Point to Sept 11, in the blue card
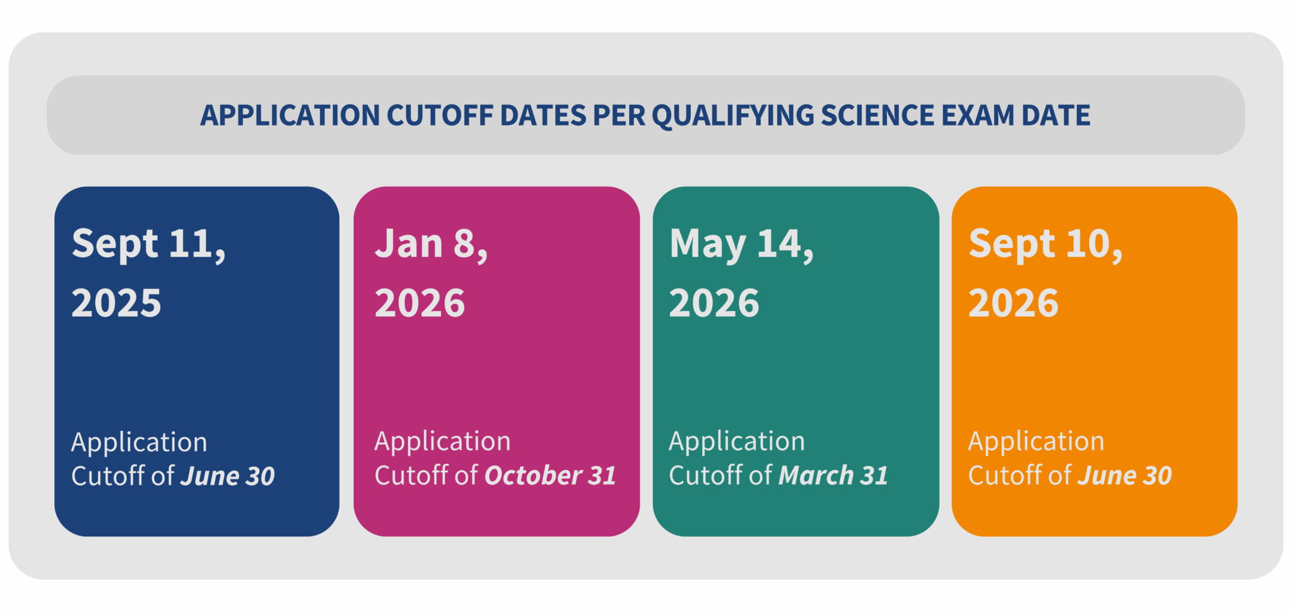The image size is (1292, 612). point(149,244)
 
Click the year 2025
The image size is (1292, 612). point(116,303)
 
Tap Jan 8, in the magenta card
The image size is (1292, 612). point(432,244)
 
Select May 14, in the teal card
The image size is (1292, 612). point(742,245)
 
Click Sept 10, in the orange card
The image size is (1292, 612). point(1046,244)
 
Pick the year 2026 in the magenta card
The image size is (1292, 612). point(420,303)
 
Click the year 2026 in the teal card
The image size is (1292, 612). point(714,303)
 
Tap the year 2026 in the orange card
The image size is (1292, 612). point(1013,303)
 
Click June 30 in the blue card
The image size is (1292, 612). point(228,476)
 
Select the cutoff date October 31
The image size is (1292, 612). point(550,476)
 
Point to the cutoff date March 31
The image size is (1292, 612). point(833,476)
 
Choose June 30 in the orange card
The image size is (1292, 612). point(1125,476)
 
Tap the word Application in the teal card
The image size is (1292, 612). point(737,442)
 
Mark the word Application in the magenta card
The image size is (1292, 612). point(443,442)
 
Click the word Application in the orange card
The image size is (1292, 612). point(1037,442)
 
